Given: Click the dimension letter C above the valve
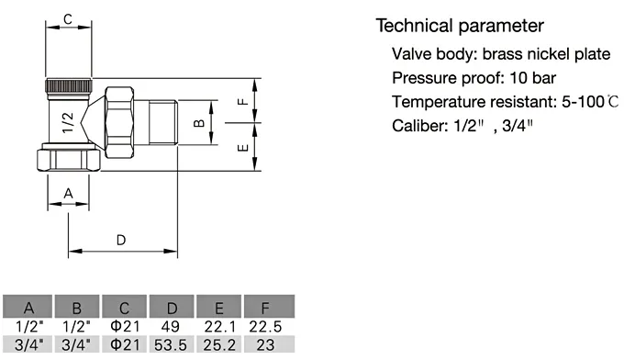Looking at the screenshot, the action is [x=68, y=19].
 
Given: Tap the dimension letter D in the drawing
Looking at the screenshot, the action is [x=121, y=240].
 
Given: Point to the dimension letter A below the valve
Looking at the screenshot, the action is [x=69, y=194].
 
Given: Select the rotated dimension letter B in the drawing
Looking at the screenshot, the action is [x=199, y=123].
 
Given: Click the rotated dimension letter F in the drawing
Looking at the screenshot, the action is [x=243, y=102].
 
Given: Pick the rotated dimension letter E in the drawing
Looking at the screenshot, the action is [x=243, y=148].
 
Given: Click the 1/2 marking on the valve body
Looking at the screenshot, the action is [x=69, y=122].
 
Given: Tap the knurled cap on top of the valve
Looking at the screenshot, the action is [x=69, y=85].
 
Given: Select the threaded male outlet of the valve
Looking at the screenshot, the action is [x=163, y=122].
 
